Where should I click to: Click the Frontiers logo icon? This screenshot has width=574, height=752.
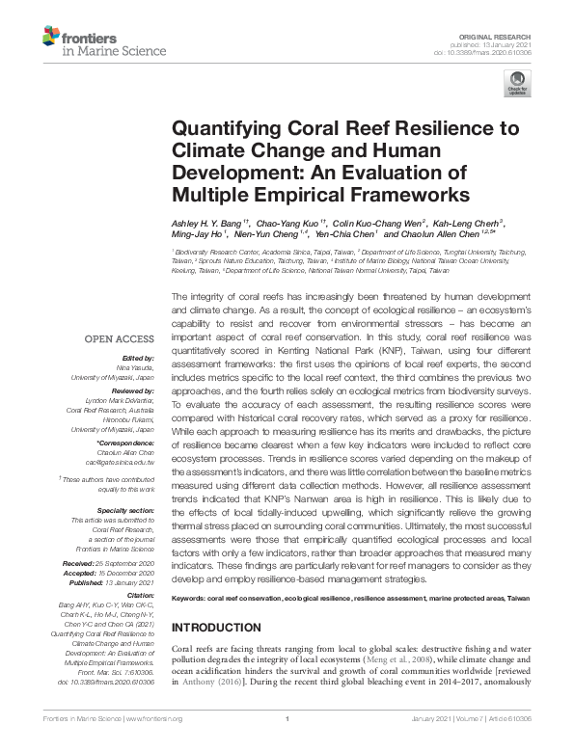point(52,38)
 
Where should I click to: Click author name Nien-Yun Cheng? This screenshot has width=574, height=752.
point(264,233)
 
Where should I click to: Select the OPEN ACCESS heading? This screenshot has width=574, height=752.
point(120,339)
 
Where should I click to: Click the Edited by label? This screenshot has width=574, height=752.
point(138,357)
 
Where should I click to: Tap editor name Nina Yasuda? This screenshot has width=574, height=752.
point(137,365)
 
